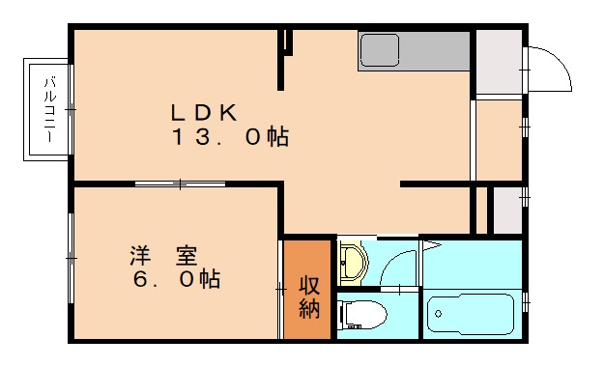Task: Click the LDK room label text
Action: [205, 109]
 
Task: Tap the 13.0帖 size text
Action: [231, 137]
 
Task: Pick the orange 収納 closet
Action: [308, 289]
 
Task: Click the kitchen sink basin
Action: [380, 49]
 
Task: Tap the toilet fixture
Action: [362, 314]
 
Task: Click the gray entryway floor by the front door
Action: [498, 63]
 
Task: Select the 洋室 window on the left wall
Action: [72, 259]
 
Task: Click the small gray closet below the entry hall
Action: [506, 208]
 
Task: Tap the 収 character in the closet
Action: [308, 287]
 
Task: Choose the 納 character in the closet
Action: [308, 310]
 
